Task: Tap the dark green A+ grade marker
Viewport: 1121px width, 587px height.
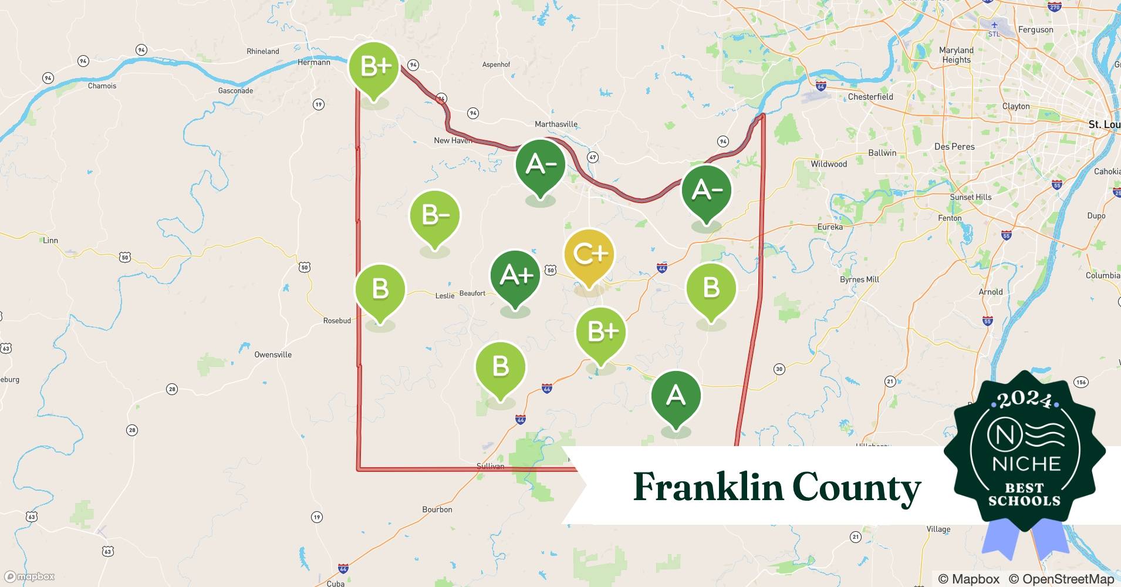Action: tap(515, 275)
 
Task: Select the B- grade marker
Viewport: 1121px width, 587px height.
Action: tap(435, 215)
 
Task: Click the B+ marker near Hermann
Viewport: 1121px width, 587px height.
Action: tap(374, 66)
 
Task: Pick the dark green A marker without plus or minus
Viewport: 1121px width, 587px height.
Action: tap(676, 396)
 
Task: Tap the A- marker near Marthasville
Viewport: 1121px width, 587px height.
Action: tap(540, 164)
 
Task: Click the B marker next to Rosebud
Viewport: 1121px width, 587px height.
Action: tap(380, 289)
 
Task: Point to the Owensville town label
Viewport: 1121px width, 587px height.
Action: tap(273, 355)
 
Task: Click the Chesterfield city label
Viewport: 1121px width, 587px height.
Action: tap(870, 97)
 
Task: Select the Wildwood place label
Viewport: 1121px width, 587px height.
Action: tap(829, 164)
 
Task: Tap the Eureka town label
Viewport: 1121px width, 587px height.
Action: tap(830, 227)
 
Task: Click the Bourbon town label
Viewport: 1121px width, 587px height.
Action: tap(437, 510)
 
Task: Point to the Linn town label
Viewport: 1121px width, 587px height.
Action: tap(50, 240)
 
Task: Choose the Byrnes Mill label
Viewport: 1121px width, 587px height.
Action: tap(859, 279)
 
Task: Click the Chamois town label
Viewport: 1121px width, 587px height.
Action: tap(102, 86)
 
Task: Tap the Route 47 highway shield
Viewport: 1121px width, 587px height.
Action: tap(593, 157)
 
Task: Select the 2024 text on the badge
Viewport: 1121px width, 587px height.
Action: tap(1025, 400)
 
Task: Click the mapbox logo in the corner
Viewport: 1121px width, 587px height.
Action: tap(29, 576)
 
